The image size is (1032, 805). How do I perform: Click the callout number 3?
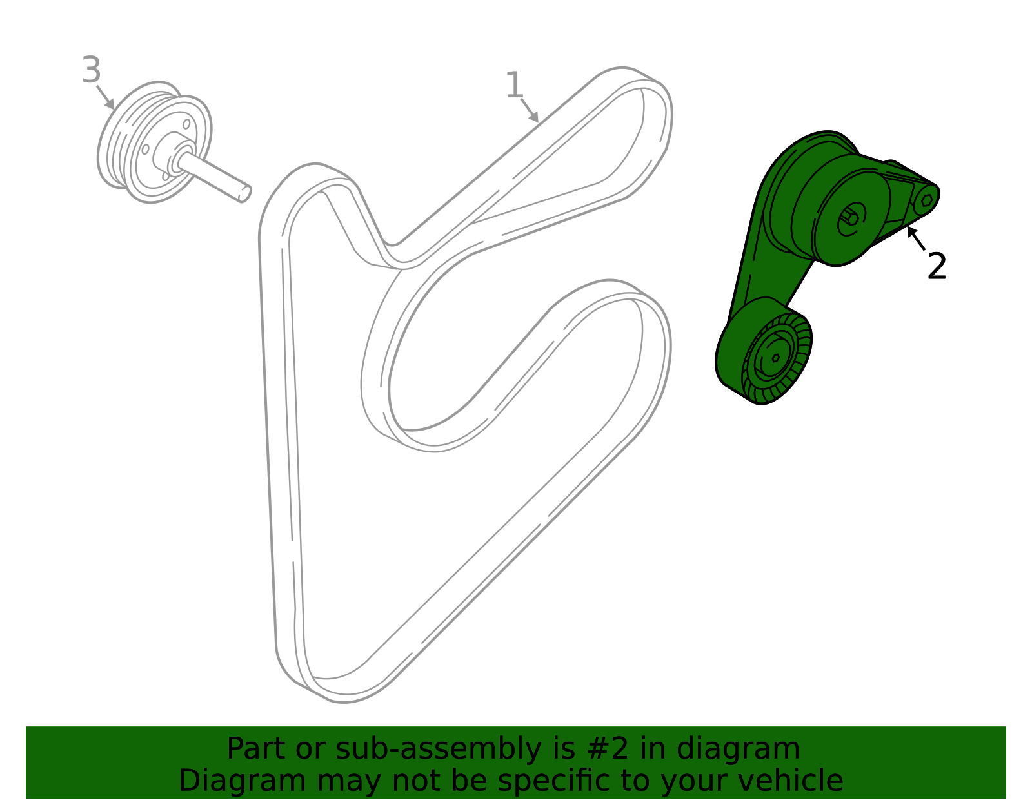[x=91, y=70]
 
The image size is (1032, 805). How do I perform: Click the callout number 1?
[x=514, y=85]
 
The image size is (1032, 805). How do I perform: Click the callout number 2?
[x=936, y=266]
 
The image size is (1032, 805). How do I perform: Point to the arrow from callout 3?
[x=105, y=97]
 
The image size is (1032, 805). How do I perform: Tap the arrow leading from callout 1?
[x=530, y=110]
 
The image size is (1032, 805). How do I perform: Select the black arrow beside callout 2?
[x=916, y=238]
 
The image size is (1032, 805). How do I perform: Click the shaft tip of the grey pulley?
[x=244, y=194]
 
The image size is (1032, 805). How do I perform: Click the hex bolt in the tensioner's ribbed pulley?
[x=775, y=358]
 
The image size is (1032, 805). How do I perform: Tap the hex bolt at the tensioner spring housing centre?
[x=851, y=219]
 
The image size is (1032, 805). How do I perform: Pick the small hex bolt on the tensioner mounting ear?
[x=926, y=200]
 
